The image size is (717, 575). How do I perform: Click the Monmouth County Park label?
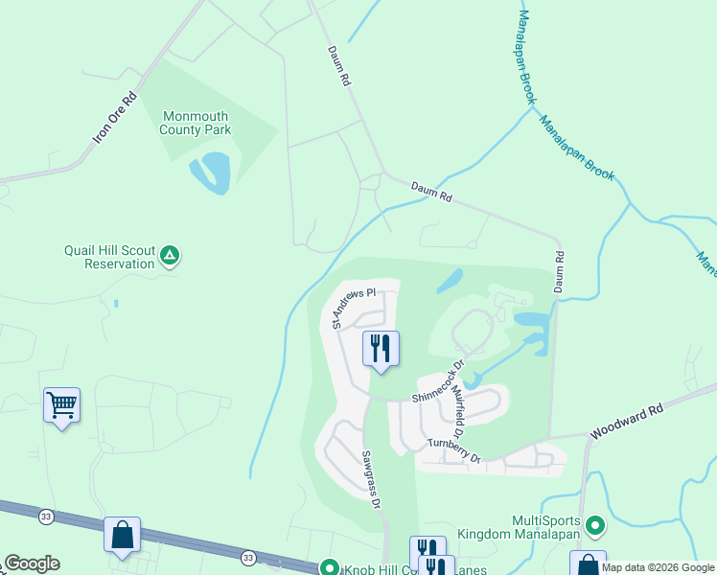196,123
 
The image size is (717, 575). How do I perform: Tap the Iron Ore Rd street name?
115,118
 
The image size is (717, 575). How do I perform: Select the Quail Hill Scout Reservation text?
109,257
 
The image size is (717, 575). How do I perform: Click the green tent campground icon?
170,255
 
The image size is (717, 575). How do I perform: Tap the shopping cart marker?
61,405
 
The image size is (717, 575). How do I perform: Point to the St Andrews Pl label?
353,306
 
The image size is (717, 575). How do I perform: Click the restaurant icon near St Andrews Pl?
381,348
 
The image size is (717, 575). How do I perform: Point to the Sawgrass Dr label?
371,479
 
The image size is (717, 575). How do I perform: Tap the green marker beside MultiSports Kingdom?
595,524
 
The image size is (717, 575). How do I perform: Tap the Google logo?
32,563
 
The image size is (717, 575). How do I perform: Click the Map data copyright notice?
658,567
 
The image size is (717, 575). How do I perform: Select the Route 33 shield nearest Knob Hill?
248,557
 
